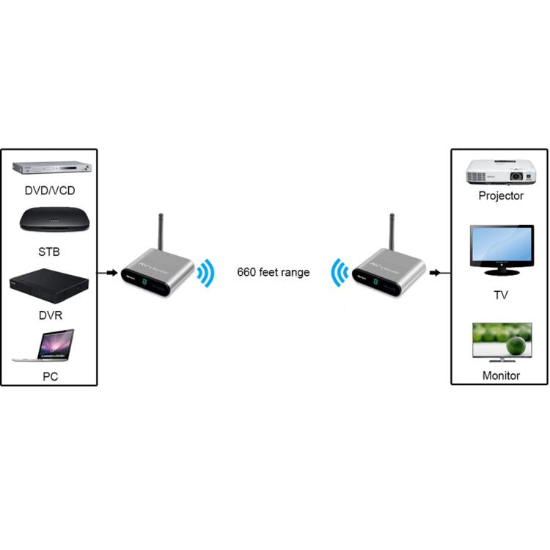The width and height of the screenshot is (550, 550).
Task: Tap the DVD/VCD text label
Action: [x=50, y=191]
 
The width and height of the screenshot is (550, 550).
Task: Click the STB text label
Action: [x=50, y=252]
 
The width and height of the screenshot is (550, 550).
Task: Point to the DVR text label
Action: [x=50, y=315]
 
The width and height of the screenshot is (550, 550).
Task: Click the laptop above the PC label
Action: [x=46, y=345]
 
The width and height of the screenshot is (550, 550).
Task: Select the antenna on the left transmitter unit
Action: [x=161, y=233]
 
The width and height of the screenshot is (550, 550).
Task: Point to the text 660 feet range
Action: [x=273, y=272]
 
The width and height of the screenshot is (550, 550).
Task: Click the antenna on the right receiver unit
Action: [x=392, y=233]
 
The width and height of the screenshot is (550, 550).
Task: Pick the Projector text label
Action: [x=501, y=196]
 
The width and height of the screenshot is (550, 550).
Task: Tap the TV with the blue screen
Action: [x=501, y=253]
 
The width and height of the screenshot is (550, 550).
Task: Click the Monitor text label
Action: [x=501, y=375]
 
